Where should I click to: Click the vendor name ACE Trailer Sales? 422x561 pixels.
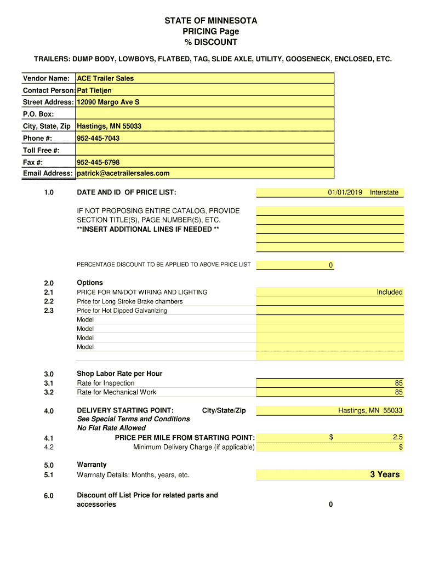pos(105,78)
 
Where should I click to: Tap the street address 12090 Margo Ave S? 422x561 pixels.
pos(108,102)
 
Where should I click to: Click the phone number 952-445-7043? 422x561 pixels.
pos(98,138)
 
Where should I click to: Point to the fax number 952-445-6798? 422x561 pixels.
pos(98,162)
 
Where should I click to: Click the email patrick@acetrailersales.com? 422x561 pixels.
pos(123,173)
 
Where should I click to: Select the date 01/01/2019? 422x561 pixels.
pos(345,192)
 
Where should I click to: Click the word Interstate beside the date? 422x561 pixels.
pos(384,192)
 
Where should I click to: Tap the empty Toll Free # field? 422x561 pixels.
pos(204,150)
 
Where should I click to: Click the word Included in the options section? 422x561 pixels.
pos(389,292)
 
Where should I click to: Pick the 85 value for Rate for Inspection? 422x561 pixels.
pos(398,383)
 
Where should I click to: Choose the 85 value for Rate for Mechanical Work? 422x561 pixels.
pos(398,392)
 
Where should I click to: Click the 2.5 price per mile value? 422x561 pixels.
pos(397,437)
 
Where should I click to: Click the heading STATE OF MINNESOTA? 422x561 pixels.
pos(211,21)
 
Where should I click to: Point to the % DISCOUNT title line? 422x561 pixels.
pos(211,42)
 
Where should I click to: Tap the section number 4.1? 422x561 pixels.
pos(49,438)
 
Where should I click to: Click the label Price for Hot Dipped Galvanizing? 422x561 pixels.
pos(122,311)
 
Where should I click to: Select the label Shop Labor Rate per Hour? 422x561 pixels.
pos(119,374)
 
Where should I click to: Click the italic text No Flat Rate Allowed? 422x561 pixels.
pos(111,428)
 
